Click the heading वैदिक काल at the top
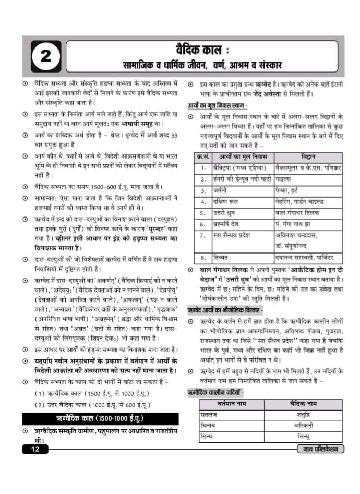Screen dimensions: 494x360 (199, 51)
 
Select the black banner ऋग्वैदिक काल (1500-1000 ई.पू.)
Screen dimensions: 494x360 (100, 419)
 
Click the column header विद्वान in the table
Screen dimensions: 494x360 (308, 156)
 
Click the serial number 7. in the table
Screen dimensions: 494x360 (202, 235)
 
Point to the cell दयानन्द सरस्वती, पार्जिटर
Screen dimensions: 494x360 (307, 258)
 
